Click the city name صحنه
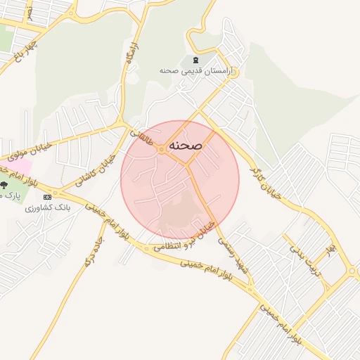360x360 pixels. coord(186,145)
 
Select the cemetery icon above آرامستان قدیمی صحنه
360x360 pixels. coord(195,60)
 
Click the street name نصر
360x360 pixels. coord(30,13)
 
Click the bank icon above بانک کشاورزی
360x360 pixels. coord(47,197)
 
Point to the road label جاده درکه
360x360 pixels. coord(89,251)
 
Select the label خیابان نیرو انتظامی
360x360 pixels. coord(184,237)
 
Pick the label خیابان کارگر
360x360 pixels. coord(267,179)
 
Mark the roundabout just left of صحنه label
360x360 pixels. coord(162,150)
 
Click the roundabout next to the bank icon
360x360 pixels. coord(57,193)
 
